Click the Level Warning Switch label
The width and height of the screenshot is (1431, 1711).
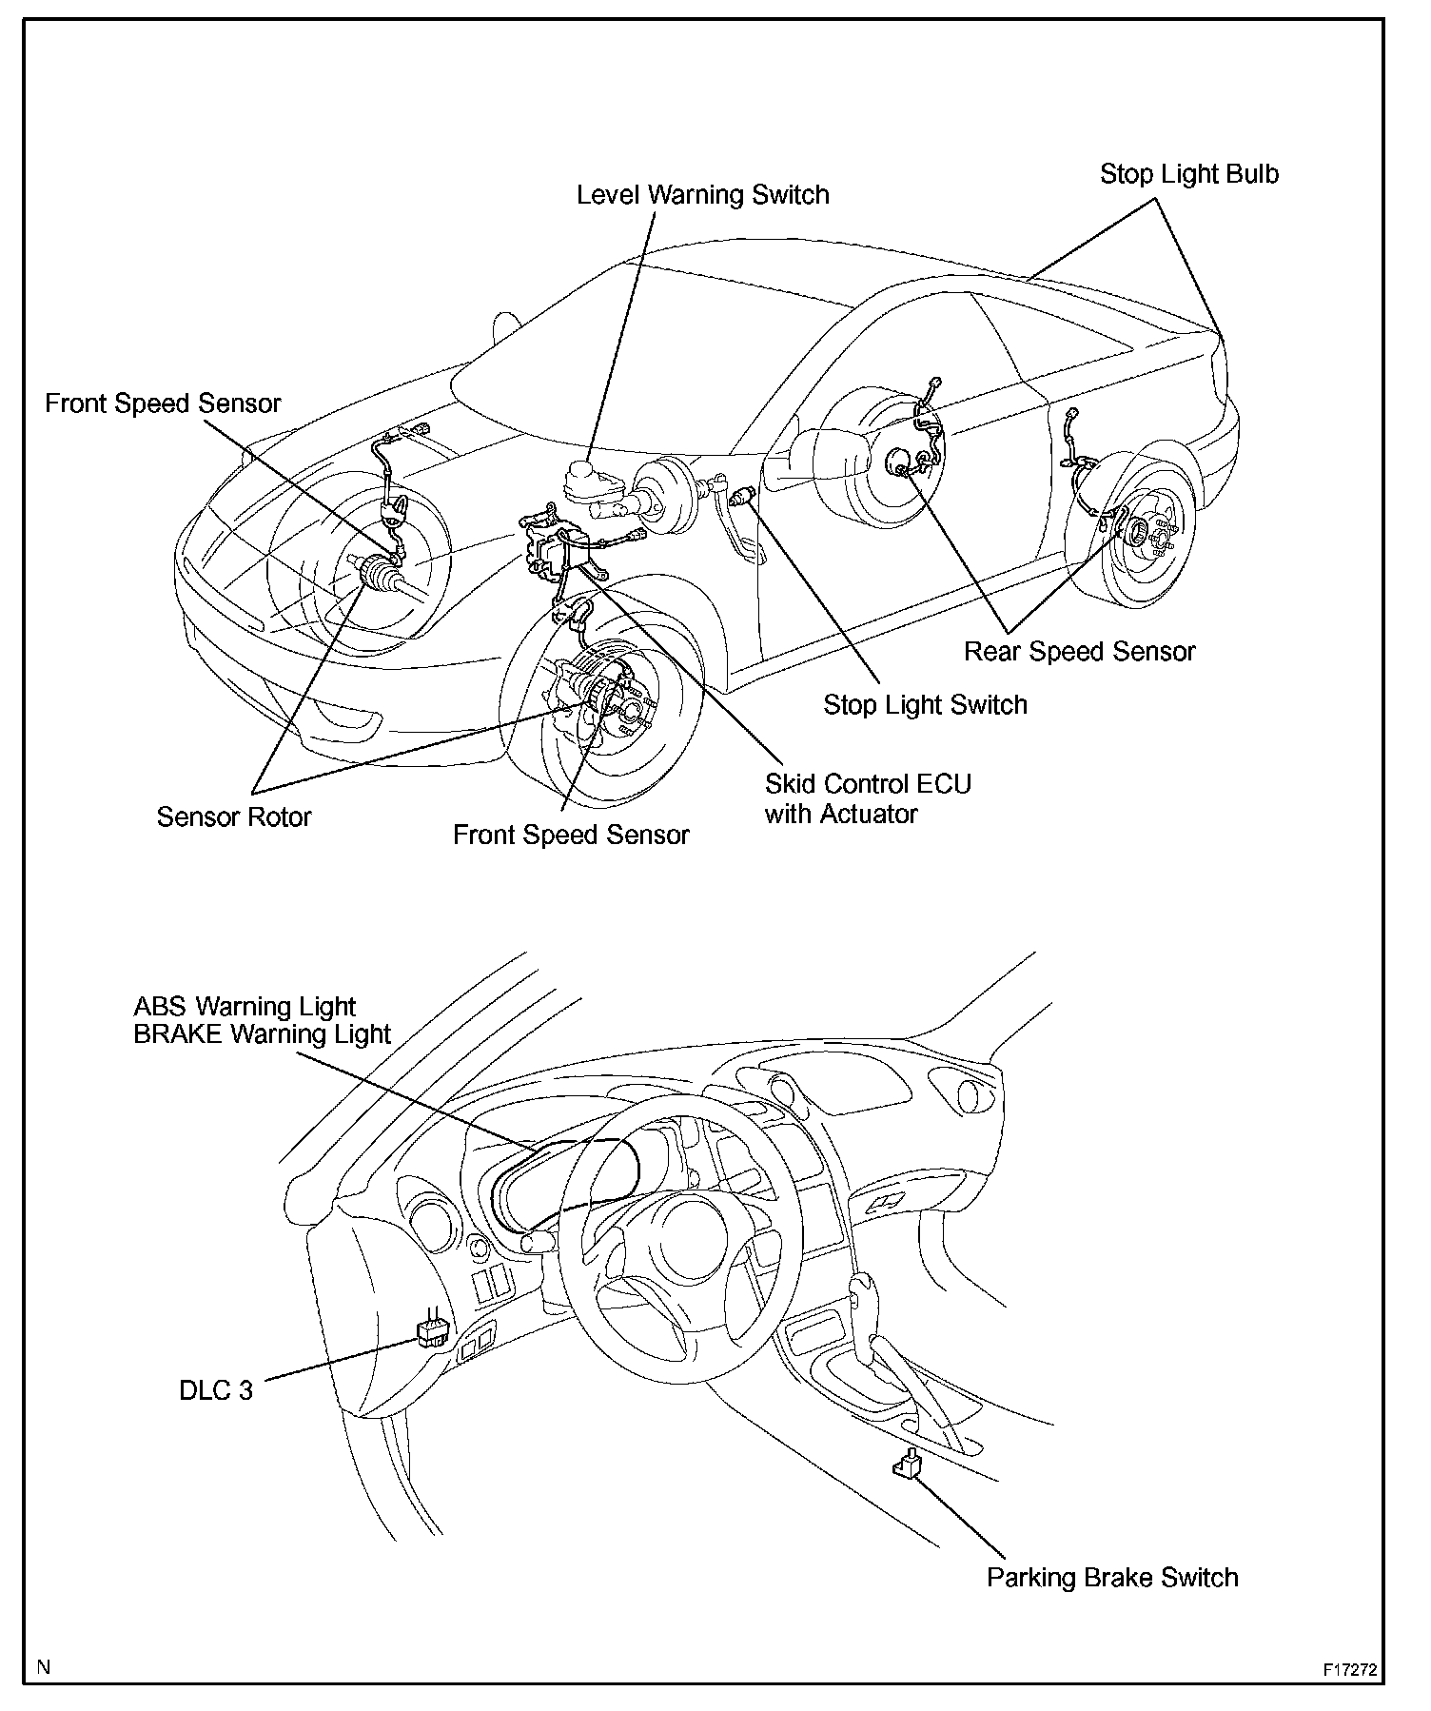tap(703, 195)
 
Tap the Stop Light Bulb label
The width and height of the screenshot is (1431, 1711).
tap(1189, 174)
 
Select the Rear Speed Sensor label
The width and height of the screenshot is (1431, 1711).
tap(1079, 652)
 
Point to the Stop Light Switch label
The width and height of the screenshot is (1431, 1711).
tap(925, 705)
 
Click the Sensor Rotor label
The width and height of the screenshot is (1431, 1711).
tap(234, 817)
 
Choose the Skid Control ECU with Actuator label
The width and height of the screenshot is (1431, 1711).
tap(868, 798)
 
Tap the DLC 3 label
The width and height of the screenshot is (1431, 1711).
tap(216, 1390)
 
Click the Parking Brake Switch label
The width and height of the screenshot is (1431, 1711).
tap(1112, 1578)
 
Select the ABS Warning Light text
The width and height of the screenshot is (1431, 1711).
tap(245, 1007)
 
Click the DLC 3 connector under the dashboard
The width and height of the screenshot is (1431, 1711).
tap(432, 1333)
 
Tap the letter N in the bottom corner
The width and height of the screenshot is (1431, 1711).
tap(43, 1666)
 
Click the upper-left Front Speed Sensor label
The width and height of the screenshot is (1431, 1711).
tap(163, 403)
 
